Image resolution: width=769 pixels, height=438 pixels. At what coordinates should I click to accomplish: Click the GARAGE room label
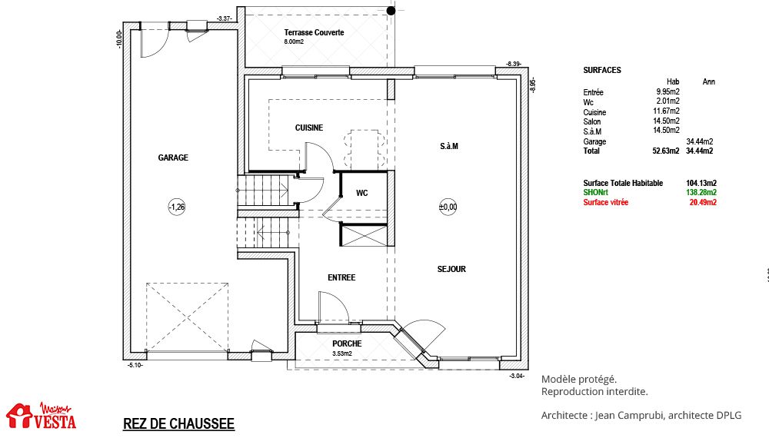pos(173,158)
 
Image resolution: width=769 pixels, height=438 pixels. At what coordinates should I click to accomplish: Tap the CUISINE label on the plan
pos(309,128)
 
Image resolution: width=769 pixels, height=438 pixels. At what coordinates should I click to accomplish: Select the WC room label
pos(362,193)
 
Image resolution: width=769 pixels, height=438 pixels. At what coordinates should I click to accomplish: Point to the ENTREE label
pos(341,278)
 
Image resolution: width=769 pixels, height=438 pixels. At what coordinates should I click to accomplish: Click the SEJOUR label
pos(451,269)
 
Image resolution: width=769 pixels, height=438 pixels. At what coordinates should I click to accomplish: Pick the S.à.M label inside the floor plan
pos(449,146)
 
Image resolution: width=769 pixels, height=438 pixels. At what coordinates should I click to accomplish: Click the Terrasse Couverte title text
pos(314,33)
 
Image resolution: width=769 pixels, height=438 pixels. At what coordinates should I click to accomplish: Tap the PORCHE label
pos(348,344)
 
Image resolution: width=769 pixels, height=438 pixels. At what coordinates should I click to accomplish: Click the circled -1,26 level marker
pos(177,207)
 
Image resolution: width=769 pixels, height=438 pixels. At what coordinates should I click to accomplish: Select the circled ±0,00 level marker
pos(448,207)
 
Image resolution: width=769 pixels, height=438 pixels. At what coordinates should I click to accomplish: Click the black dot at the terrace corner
pos(391,11)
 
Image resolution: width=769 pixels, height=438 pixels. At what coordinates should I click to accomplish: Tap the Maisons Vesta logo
pos(42,416)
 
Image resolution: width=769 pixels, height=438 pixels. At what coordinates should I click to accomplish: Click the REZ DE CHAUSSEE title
pos(178,424)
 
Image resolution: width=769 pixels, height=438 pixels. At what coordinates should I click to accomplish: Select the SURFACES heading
pos(602,70)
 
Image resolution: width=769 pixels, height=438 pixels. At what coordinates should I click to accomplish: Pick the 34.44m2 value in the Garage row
pos(699,141)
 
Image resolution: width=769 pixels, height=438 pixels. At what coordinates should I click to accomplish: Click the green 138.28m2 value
pos(701,193)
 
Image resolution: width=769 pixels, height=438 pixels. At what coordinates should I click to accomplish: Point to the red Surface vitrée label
pos(606,202)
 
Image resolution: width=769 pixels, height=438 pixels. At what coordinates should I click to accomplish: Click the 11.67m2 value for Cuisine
pos(666,111)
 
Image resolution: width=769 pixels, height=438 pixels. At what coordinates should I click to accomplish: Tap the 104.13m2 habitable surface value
pos(701,183)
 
